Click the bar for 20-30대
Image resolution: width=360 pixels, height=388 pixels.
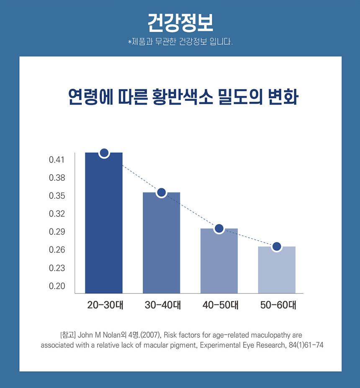click(104, 224)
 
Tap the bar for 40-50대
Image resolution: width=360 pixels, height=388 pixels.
click(219, 261)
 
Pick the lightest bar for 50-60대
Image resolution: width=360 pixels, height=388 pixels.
click(277, 270)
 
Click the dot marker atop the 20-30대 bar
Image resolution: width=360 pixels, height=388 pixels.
click(104, 153)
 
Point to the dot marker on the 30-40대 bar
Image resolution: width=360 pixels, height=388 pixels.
click(162, 193)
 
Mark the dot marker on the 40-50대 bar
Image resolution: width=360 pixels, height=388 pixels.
click(219, 229)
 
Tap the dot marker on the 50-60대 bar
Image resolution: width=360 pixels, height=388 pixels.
click(277, 247)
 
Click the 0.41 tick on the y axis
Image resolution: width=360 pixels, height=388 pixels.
click(57, 160)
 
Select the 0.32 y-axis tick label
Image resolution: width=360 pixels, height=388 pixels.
click(57, 214)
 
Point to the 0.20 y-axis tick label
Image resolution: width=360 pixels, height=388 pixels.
click(57, 286)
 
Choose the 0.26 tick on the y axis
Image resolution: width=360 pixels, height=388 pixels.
click(57, 250)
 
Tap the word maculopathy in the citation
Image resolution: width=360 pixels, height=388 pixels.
click(270, 335)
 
